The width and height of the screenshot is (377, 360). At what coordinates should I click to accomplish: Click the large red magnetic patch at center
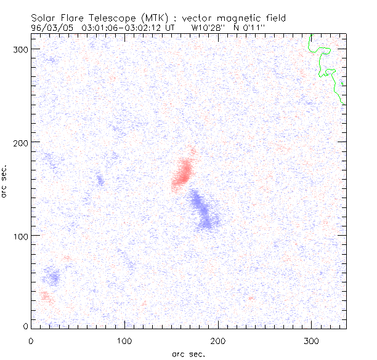click(183, 172)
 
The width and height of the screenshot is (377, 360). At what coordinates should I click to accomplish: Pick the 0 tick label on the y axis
click(25, 326)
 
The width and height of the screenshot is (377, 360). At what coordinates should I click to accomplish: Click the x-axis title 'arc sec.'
click(188, 354)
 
